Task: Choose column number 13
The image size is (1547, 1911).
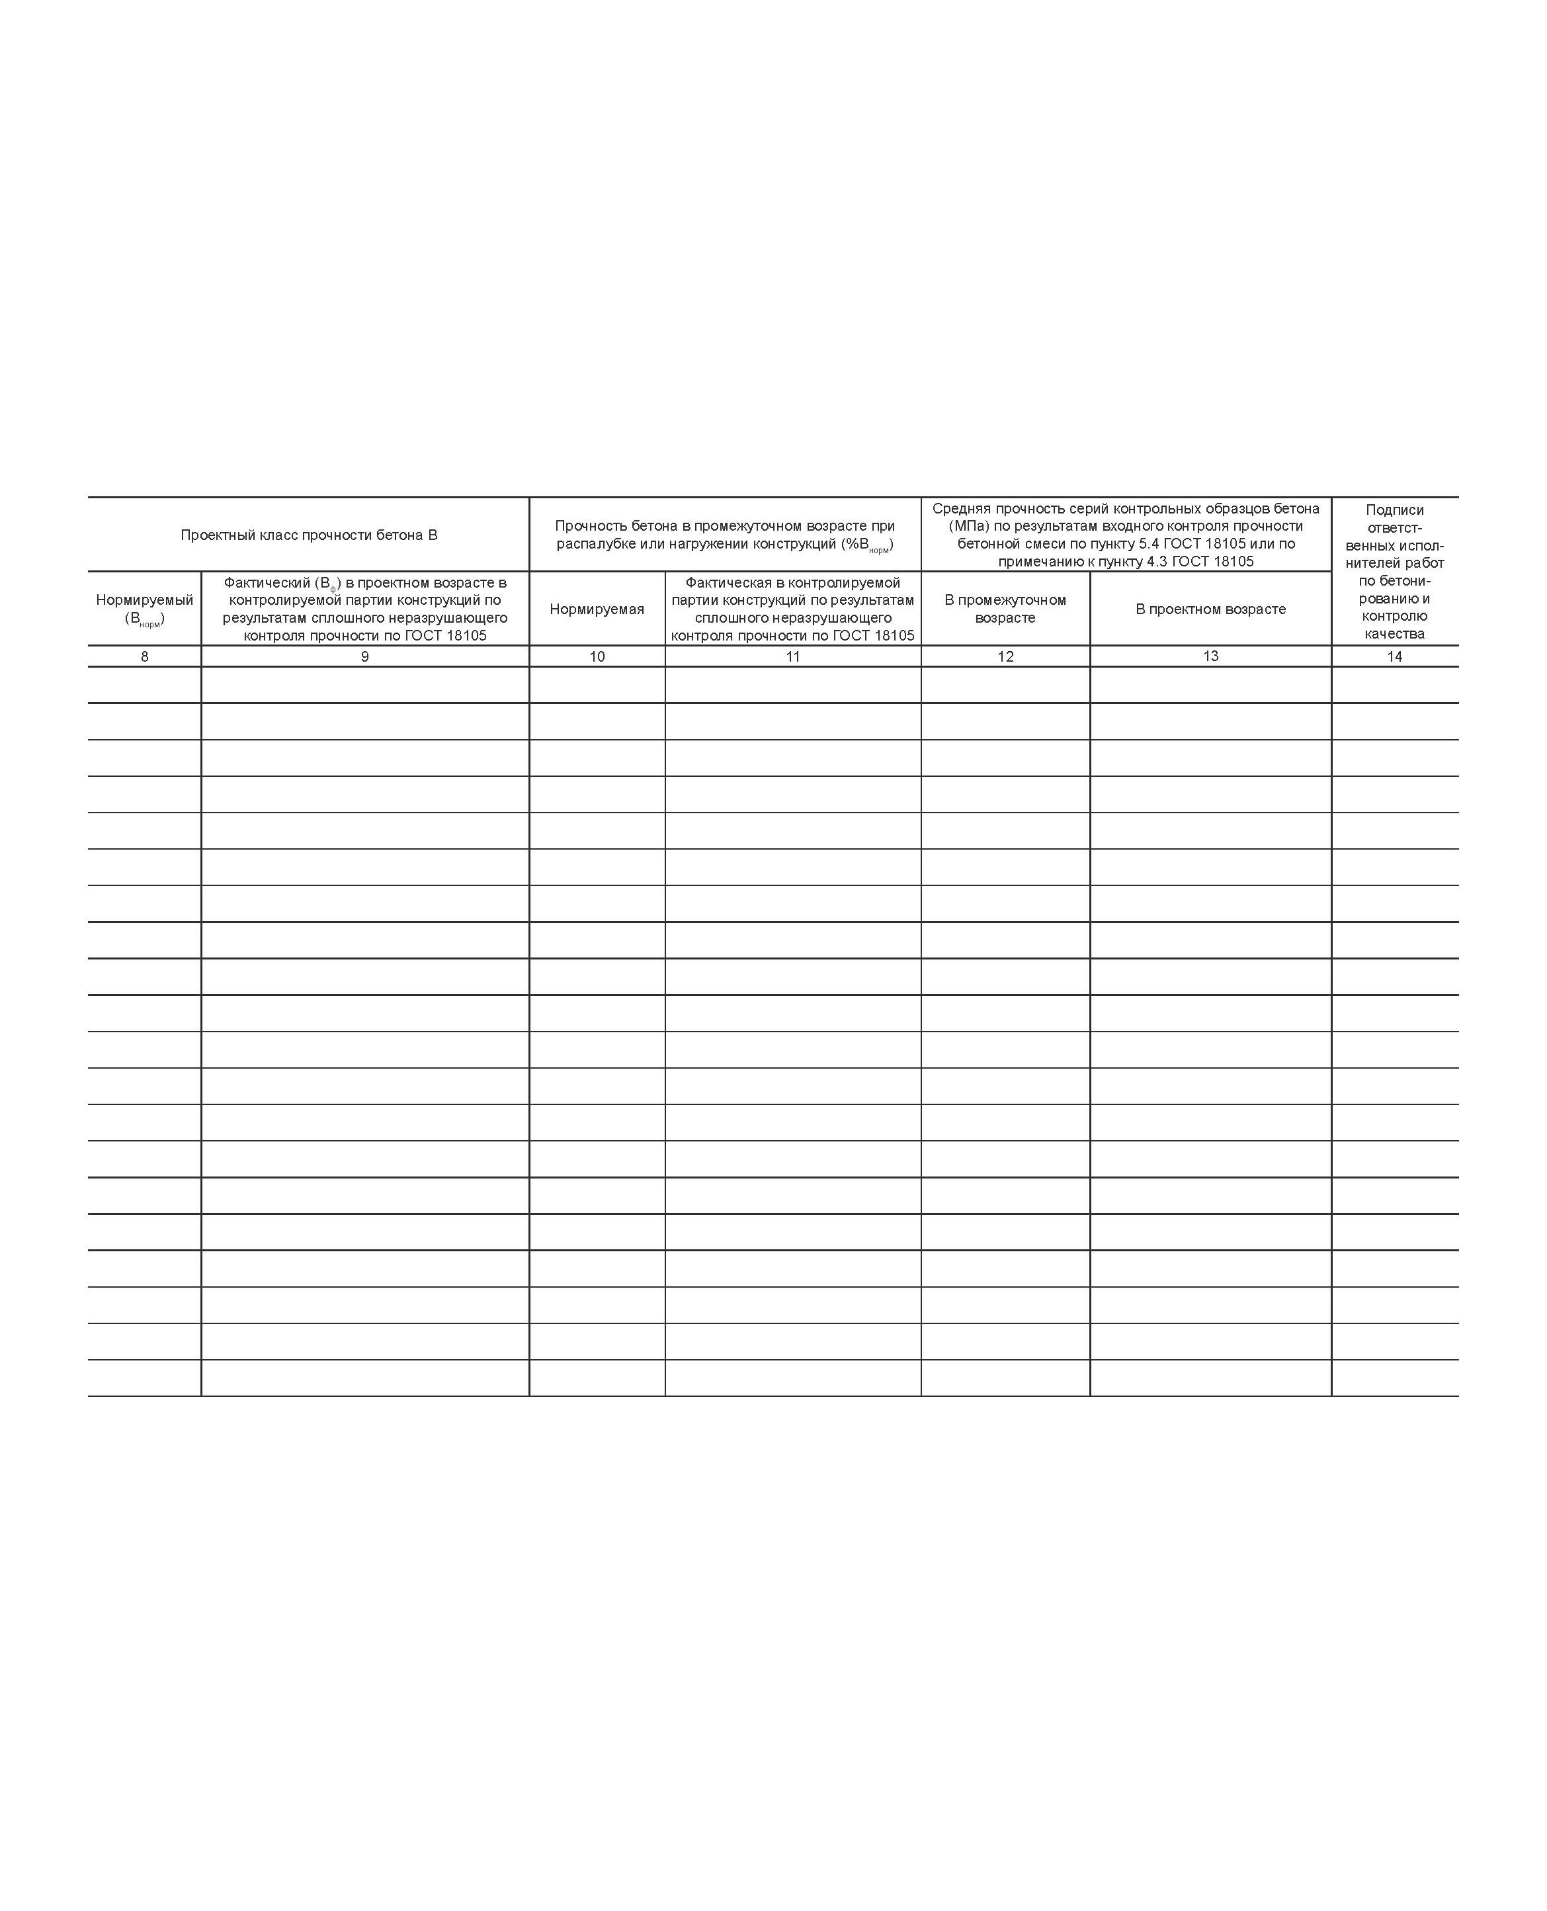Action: (1210, 656)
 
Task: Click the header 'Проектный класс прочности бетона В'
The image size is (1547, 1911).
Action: (308, 535)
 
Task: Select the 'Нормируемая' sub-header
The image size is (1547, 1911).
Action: (597, 609)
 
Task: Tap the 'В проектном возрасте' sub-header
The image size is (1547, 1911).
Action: (1210, 609)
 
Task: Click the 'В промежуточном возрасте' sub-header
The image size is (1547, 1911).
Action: (1005, 609)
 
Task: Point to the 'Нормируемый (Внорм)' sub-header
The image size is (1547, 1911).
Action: (144, 609)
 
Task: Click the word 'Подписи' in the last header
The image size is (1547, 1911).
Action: (1395, 510)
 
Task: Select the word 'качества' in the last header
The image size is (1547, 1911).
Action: (1395, 634)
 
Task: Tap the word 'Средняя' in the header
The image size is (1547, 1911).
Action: (960, 509)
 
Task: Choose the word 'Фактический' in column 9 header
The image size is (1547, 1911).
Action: (267, 583)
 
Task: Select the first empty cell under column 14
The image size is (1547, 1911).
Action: (1395, 686)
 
